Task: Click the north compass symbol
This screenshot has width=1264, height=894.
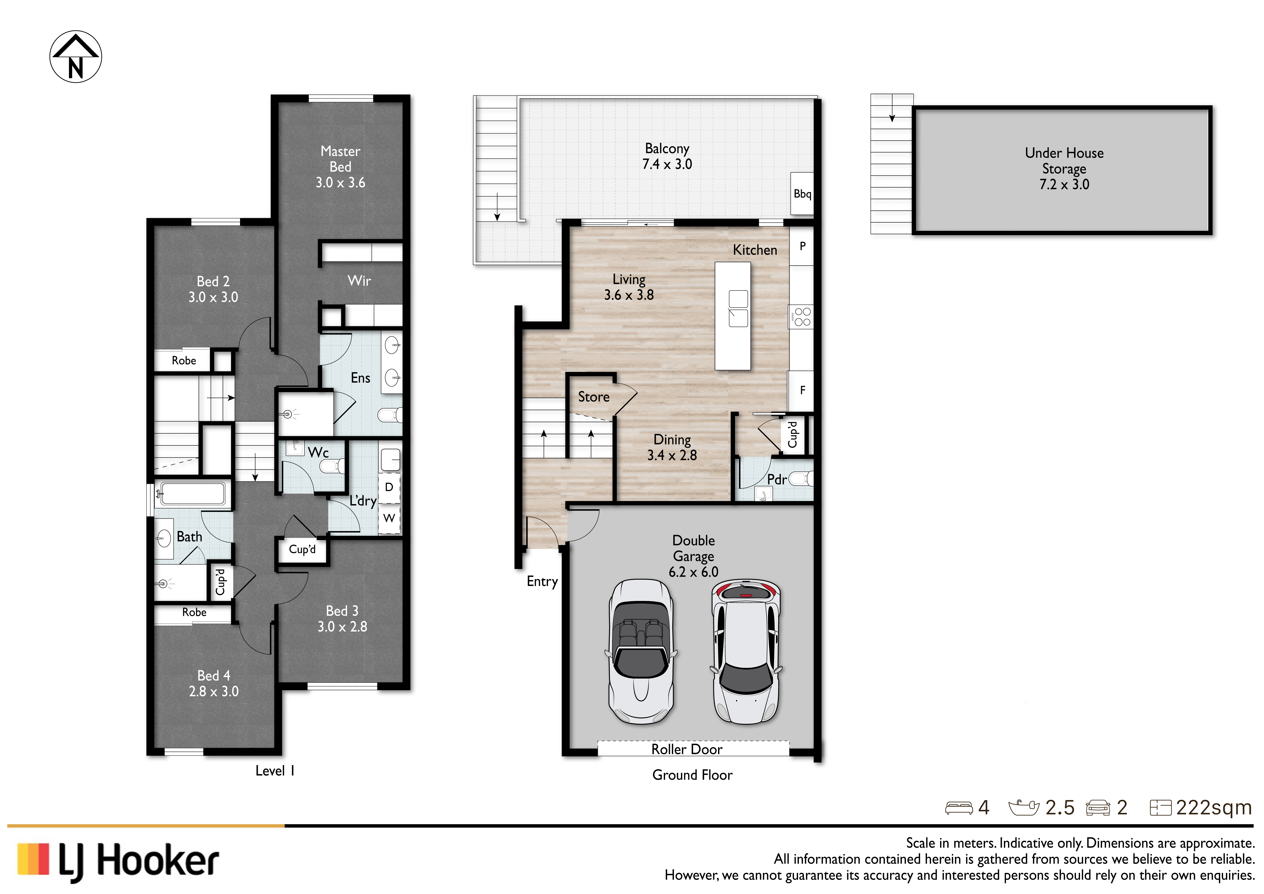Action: coord(76,57)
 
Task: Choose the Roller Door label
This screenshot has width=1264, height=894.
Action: coord(686,749)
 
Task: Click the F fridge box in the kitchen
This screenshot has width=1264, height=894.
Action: coord(802,390)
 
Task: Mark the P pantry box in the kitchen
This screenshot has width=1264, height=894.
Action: coord(802,246)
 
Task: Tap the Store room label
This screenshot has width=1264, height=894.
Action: coord(594,397)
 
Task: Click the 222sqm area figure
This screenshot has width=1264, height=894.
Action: coord(1214,808)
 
